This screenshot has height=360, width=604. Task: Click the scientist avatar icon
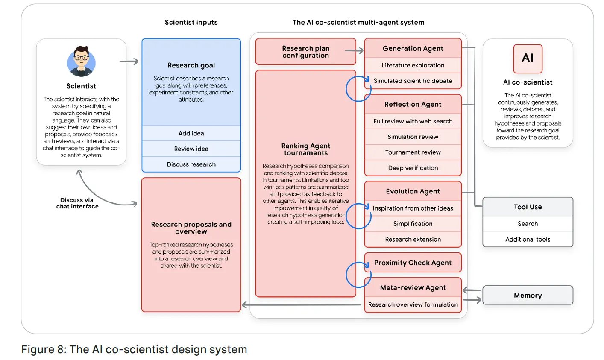coord(81,61)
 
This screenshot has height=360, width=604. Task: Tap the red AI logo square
coord(528,59)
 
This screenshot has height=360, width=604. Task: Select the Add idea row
coord(191,133)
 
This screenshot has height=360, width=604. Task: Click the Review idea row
coord(191,149)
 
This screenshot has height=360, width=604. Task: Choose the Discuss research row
coord(191,164)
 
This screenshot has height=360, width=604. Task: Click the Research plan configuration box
coord(305,52)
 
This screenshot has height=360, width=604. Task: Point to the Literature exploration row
coord(413,65)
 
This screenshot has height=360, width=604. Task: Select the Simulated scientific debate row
coord(413,81)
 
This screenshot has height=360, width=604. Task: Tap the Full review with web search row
coord(413,121)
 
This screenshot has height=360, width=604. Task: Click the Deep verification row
coord(413,168)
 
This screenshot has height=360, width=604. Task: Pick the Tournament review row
coord(413,152)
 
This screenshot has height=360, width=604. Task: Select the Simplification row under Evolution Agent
coord(413,224)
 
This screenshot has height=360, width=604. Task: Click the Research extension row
coord(413,240)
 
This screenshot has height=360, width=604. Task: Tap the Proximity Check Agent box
coord(413,263)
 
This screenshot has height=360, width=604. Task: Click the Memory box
coord(528,295)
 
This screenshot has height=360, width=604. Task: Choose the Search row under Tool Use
coord(528,224)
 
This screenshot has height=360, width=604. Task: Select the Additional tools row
coord(528,240)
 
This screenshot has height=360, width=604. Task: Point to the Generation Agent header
coord(413,49)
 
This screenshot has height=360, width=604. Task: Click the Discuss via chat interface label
coord(77,203)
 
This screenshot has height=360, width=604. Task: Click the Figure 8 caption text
coord(134,349)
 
